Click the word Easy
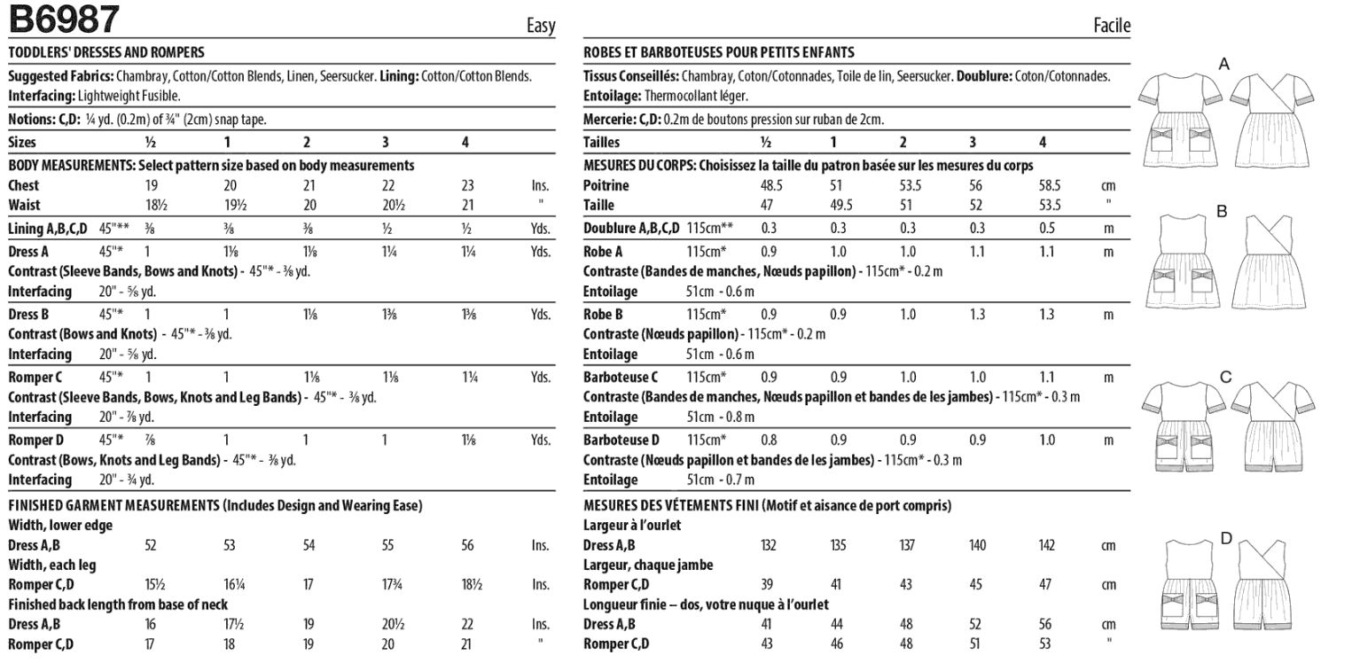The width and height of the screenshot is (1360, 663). (540, 26)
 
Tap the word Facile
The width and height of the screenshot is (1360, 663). (1112, 26)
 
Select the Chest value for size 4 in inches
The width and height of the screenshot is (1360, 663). (467, 186)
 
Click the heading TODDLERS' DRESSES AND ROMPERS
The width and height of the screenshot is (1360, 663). (106, 52)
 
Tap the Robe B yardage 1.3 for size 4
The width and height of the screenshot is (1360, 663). (1046, 315)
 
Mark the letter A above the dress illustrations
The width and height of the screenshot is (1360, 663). (1224, 64)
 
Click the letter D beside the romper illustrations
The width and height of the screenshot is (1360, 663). (1226, 537)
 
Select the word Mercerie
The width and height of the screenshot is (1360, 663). (607, 120)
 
